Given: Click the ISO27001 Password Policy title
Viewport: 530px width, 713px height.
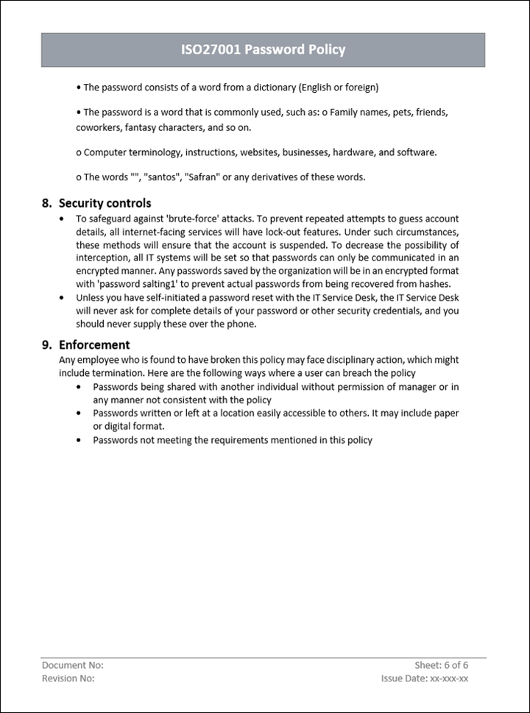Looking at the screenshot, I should pyautogui.click(x=263, y=50).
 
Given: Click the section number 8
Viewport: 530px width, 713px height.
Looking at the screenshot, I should pyautogui.click(x=46, y=203).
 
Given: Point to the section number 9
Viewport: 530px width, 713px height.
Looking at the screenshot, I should pyautogui.click(x=46, y=344).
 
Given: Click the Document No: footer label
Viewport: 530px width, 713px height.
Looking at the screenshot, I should pyautogui.click(x=72, y=665).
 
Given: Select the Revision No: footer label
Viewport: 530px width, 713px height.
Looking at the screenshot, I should pyautogui.click(x=68, y=678).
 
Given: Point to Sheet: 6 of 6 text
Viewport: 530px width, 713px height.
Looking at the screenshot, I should pyautogui.click(x=442, y=665).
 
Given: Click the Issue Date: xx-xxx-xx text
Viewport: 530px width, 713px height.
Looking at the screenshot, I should pyautogui.click(x=425, y=678).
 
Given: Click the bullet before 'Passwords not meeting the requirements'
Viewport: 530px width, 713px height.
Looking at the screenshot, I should pyautogui.click(x=79, y=440).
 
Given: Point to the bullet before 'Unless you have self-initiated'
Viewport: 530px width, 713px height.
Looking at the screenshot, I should pyautogui.click(x=60, y=298).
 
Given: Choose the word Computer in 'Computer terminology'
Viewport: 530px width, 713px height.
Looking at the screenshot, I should pyautogui.click(x=105, y=152).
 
